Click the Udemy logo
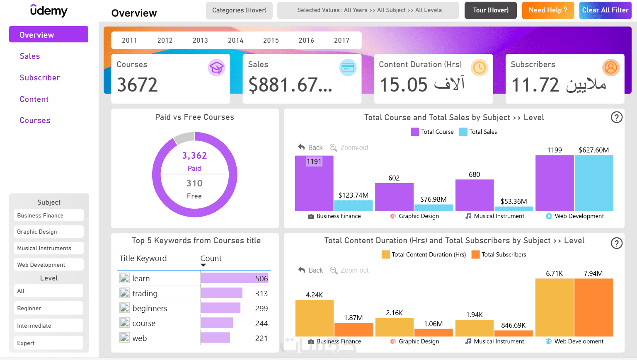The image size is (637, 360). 49,10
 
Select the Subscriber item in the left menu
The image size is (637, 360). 40,78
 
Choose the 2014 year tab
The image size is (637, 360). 235,40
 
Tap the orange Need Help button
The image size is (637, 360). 547,10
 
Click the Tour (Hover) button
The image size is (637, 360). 490,10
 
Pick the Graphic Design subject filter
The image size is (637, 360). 48,232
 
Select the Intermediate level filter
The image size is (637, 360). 48,326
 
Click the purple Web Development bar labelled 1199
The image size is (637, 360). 554,183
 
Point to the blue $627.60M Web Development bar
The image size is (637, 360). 594,183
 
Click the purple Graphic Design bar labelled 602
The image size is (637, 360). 394,197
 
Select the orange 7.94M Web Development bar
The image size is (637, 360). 593,307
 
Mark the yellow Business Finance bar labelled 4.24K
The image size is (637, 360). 314,318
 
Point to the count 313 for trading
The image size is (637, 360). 261,293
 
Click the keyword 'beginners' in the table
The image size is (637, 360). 150,308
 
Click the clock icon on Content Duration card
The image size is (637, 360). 480,68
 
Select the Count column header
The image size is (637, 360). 211,258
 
